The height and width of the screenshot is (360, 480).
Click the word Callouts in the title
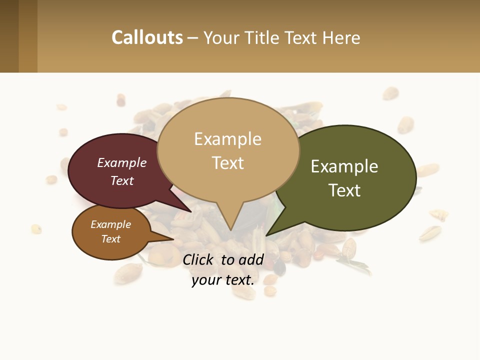point(147,37)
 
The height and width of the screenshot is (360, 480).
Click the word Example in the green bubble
point(344,166)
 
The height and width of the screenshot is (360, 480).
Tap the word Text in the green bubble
point(344,190)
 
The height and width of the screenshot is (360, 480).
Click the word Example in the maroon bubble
point(122,162)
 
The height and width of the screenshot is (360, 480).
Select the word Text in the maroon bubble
point(122,180)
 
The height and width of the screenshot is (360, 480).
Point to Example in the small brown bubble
point(110,224)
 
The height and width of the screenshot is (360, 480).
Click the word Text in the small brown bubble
point(110,239)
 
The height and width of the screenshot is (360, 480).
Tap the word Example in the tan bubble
point(227,139)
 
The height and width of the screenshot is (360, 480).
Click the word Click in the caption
point(199,259)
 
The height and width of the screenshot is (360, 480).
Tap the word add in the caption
point(251,259)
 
